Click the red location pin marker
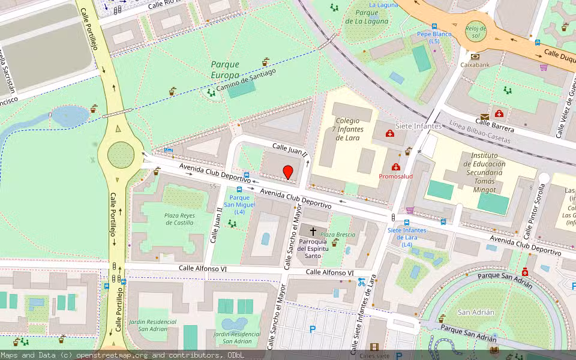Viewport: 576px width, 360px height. (x=288, y=172)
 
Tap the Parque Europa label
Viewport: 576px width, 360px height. (x=225, y=70)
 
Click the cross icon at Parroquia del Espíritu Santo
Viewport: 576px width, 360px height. (x=313, y=231)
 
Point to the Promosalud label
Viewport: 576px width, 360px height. (x=396, y=176)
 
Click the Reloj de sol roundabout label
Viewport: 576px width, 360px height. (x=476, y=31)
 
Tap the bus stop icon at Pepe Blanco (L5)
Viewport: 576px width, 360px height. (x=434, y=26)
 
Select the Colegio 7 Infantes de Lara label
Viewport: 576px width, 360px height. (x=347, y=129)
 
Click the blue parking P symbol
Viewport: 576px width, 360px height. (x=312, y=329)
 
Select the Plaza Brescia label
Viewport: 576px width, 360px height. (x=337, y=235)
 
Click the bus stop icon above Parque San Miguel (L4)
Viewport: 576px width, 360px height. (x=239, y=189)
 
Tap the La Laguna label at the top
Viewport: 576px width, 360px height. (x=383, y=5)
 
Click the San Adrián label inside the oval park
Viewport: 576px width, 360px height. (x=476, y=312)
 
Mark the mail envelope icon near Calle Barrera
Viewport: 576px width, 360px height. (x=484, y=116)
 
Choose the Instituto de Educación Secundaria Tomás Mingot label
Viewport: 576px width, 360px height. (x=479, y=173)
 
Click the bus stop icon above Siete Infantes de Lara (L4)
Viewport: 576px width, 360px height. (x=406, y=222)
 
